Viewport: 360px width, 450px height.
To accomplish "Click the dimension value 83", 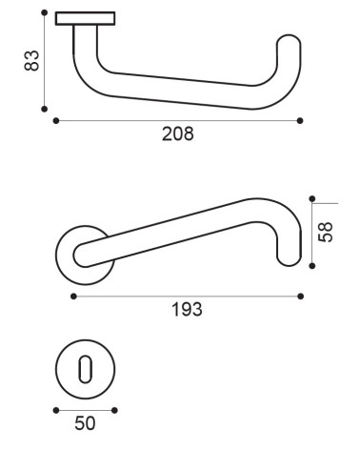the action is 31,60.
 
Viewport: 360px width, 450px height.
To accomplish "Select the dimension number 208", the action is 177,133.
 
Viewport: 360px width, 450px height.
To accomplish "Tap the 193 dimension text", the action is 187,309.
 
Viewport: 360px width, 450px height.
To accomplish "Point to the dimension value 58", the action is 326,233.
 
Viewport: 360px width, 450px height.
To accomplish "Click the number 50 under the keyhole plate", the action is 85,423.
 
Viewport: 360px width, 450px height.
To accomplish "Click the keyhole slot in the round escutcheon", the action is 85,369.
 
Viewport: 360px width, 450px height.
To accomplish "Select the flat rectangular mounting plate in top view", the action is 85,18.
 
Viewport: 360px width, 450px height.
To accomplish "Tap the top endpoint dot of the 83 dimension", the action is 45,12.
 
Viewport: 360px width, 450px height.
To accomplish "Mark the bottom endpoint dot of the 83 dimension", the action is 45,109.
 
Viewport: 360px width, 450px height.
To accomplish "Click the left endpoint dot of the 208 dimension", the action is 56,120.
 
